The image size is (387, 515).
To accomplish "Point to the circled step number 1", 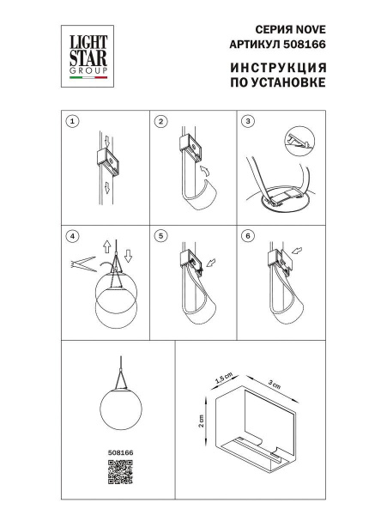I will click(x=73, y=122).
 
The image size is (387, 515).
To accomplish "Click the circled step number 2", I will click(x=160, y=122).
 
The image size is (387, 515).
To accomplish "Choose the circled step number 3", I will click(x=247, y=122).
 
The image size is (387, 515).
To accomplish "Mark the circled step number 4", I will click(x=73, y=234).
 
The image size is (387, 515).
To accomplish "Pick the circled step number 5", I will click(x=160, y=234).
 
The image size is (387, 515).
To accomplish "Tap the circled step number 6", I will click(x=247, y=234).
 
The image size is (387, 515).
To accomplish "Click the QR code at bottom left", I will click(x=119, y=472).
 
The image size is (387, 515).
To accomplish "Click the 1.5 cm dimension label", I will click(x=223, y=379).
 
